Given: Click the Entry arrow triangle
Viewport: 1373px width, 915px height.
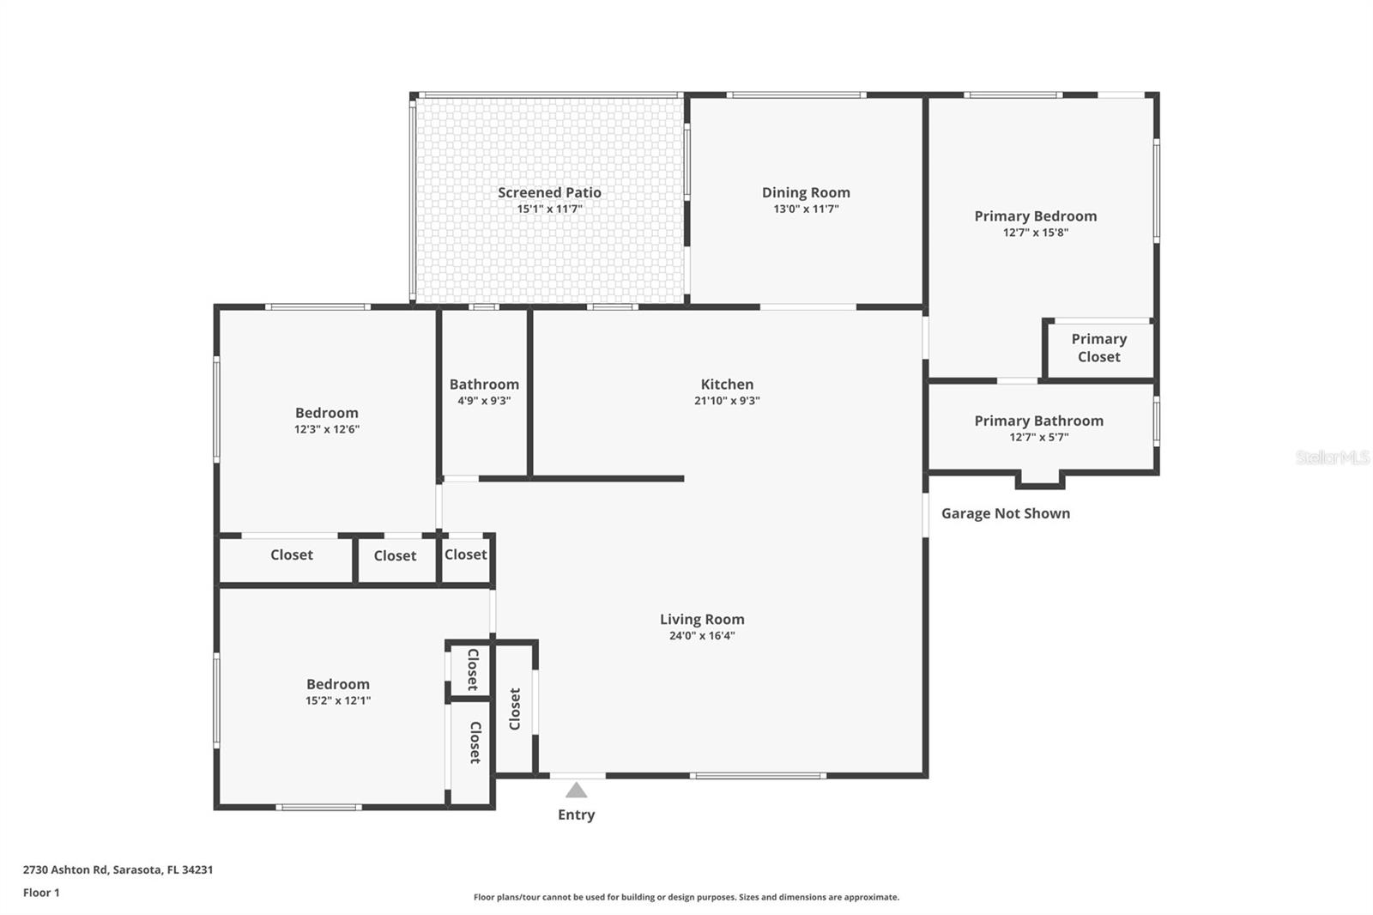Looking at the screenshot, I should (577, 791).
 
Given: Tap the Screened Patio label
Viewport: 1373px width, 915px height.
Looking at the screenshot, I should (549, 192).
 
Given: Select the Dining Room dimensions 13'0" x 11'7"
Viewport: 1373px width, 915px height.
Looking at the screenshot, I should (806, 209).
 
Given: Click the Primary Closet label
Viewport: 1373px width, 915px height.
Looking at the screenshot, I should (1098, 348).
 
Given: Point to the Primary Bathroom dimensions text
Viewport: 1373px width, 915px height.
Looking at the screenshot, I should (1038, 437).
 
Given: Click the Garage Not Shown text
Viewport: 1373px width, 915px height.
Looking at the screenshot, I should (1005, 513).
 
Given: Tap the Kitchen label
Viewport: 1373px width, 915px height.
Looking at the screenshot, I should (727, 385).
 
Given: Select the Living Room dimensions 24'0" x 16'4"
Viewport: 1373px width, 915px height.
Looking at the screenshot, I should (702, 636).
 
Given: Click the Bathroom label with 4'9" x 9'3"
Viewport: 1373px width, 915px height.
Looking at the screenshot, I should (484, 385).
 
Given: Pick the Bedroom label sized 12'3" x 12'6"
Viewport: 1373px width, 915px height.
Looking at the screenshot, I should (326, 413).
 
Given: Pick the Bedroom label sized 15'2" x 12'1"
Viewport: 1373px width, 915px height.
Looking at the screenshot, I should (337, 684).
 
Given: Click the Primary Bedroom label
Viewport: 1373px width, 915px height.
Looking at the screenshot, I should (1035, 216).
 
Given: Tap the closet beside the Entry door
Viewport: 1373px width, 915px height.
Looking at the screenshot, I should (515, 709).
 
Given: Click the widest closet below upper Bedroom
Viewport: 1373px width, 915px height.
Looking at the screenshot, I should (291, 555).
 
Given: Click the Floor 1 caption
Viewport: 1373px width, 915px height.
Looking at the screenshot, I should (41, 893).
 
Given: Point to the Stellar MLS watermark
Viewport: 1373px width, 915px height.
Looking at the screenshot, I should (1332, 457).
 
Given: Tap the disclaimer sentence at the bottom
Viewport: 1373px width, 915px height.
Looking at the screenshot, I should (686, 897).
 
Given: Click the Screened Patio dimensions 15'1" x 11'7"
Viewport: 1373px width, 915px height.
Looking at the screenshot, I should (549, 209).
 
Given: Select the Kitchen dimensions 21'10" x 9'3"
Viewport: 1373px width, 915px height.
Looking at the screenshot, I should (727, 401).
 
